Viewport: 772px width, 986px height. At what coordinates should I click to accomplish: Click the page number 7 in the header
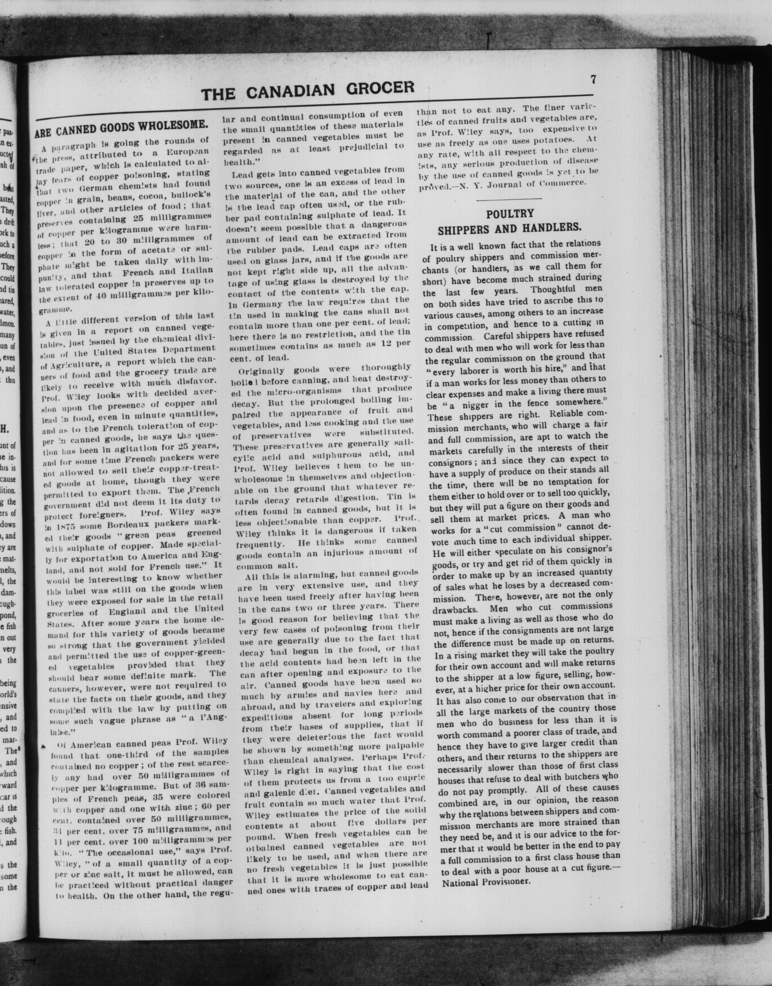click(x=593, y=79)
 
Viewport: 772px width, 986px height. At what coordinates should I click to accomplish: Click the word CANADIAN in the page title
click(x=291, y=89)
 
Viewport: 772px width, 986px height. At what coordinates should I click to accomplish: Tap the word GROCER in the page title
click(x=381, y=87)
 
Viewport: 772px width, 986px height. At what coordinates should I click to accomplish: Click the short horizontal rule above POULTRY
click(x=509, y=199)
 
